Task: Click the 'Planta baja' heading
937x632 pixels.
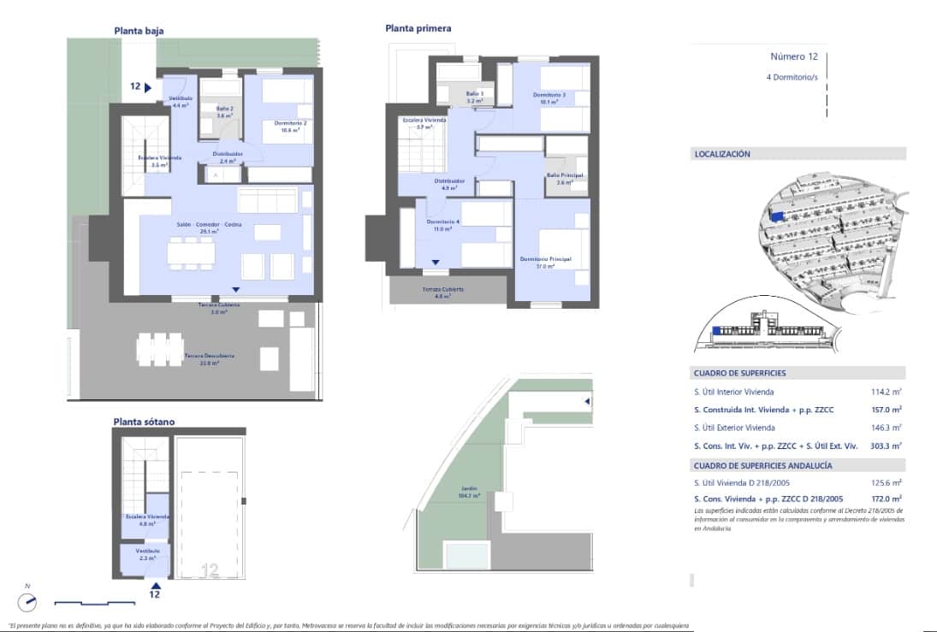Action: [139, 31]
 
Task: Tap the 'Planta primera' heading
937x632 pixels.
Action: [418, 28]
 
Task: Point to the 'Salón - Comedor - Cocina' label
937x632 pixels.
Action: [209, 224]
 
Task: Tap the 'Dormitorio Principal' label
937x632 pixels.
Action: [545, 259]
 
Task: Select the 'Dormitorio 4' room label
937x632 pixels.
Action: [443, 222]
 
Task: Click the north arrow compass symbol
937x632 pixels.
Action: [28, 601]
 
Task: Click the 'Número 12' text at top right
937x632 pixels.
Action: [794, 57]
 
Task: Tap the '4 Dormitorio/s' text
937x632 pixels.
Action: [792, 77]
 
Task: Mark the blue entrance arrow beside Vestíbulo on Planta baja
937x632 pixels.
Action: [148, 86]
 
